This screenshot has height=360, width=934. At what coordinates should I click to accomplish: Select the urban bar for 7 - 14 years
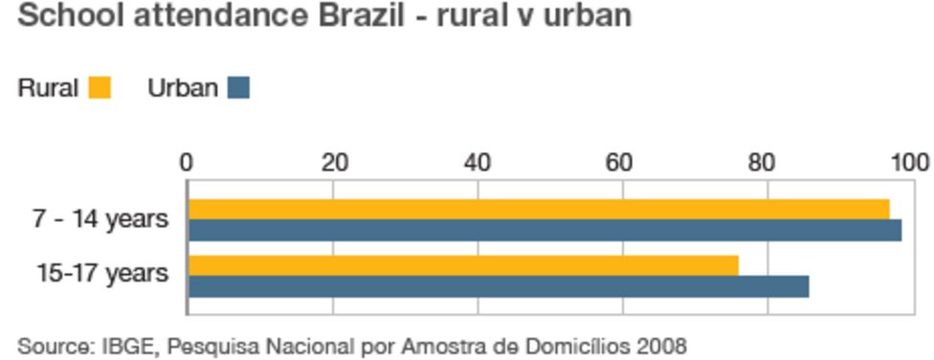coord(545,230)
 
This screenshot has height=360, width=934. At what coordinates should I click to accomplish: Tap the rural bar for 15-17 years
coord(463,265)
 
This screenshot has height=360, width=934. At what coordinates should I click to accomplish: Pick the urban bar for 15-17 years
coord(499,286)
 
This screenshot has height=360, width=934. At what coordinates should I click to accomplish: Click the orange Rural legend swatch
coord(100,88)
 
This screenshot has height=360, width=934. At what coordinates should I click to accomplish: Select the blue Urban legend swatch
coord(238,88)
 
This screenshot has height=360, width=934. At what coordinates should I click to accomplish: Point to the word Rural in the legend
coord(47,89)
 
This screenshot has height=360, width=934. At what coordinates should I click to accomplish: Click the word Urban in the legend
coord(183,89)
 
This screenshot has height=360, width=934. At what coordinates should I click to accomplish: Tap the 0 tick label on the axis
coord(188,163)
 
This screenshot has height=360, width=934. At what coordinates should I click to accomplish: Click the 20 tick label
coord(334,163)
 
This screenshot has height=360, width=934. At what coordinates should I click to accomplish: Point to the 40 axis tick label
coord(478,163)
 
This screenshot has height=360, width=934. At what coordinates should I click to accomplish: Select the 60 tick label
coord(621,163)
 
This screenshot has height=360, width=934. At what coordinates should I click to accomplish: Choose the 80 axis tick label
coord(765,163)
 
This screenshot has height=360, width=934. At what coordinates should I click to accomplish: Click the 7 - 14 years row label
coord(100,219)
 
